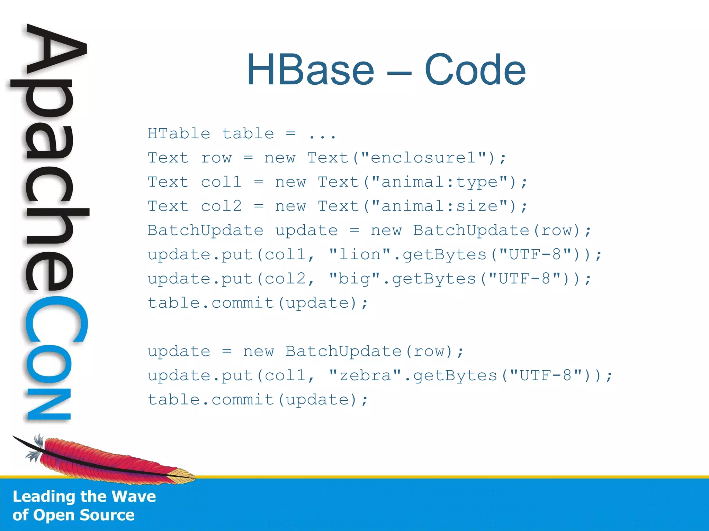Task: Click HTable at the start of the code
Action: coord(179,134)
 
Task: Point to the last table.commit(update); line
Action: coord(258,400)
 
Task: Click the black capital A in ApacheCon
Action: coord(55,52)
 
